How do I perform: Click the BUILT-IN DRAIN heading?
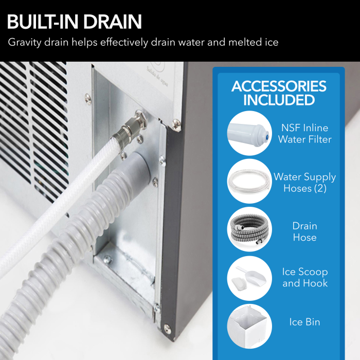tap(75, 22)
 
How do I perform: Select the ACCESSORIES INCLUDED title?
tap(279, 93)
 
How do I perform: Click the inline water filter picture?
tap(249, 133)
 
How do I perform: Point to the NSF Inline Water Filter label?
tap(305, 133)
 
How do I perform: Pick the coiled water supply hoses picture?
tap(249, 181)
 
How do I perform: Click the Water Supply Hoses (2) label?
tap(304, 182)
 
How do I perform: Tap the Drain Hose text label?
tap(304, 231)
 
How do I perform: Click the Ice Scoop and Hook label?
tap(304, 277)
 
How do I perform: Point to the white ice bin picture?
tap(249, 325)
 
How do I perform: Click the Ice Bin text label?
tap(304, 322)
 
